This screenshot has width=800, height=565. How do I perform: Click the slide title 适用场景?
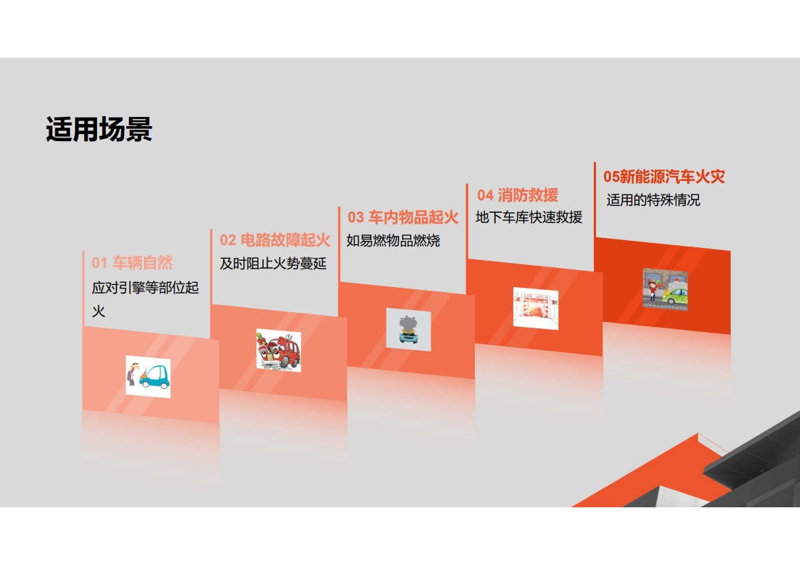99,128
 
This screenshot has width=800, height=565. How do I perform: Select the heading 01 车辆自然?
132,263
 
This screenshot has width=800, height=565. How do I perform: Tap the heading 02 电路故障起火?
275,239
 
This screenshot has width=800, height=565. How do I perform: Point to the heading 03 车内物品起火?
403,217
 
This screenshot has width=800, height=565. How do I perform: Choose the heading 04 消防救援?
518,195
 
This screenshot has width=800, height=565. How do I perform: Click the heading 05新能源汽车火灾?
665,177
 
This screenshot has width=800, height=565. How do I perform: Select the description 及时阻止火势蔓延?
273,263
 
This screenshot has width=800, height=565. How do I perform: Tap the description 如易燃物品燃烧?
393,240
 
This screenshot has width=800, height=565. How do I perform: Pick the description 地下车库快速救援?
529,217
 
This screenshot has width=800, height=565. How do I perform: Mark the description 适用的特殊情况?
653,200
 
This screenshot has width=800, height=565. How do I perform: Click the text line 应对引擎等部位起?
145,287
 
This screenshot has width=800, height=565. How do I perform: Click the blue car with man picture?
148,377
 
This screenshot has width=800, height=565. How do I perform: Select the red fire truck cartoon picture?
279,351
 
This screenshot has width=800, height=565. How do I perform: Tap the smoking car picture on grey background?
408,329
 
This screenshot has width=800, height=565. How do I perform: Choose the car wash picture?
535,308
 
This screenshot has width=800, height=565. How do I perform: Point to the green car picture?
665,289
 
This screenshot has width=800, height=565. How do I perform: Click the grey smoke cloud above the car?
408,323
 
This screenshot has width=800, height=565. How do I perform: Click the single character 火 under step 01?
98,311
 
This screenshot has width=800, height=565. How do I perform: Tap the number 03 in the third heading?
356,218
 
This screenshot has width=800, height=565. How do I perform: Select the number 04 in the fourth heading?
485,195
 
